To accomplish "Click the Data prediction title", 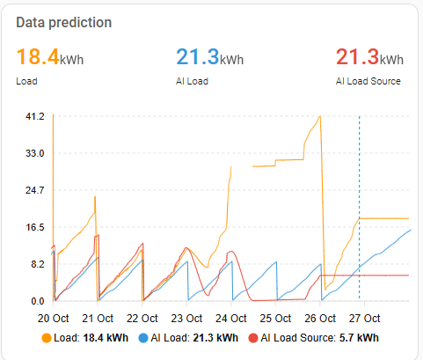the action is point(64,23).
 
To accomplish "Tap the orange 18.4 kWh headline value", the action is point(50,57).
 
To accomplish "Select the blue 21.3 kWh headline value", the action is point(210,57).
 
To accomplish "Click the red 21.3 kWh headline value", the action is point(369,57).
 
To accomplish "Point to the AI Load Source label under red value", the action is point(368,81).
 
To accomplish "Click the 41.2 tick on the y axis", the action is point(35,116).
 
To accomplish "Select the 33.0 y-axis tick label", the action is point(35,153).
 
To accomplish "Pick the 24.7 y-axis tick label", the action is point(35,190).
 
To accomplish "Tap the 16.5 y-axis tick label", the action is point(35,227).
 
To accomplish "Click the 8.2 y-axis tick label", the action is point(37,264).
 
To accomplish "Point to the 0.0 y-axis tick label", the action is point(38,301).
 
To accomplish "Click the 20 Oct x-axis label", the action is point(53,319).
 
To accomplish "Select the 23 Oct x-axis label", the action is point(186,319).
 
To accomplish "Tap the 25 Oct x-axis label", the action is point(275,319).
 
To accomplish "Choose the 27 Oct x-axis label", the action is point(364,319).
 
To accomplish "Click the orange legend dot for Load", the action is point(47,338).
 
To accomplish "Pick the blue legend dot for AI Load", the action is point(143,338).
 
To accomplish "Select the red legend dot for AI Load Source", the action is point(253,338).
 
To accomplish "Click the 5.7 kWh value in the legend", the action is point(359,338).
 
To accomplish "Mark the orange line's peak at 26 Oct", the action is point(320,116).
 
